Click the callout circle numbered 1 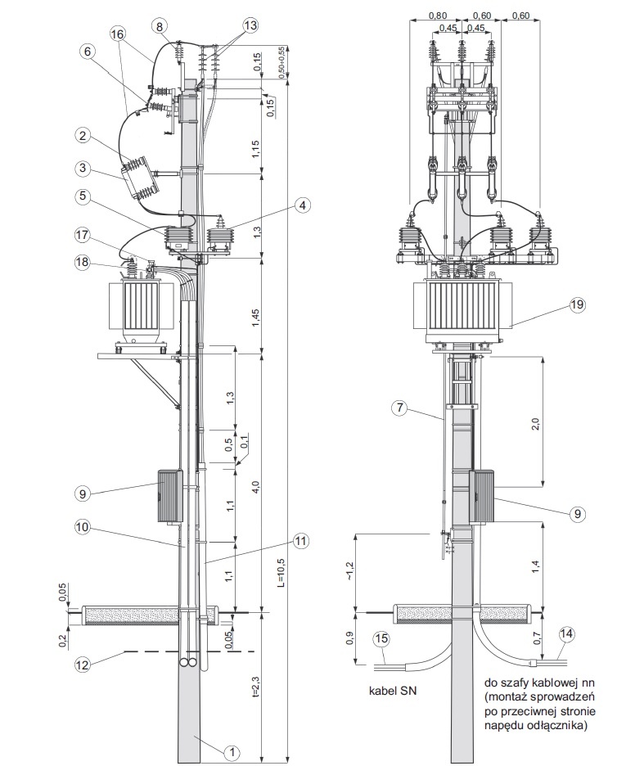(x=232, y=752)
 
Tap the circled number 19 (x=577, y=305)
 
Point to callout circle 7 (x=399, y=408)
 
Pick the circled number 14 (x=567, y=633)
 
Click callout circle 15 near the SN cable (x=381, y=639)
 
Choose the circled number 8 (x=159, y=26)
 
